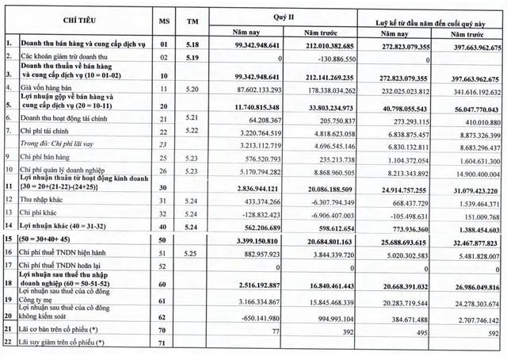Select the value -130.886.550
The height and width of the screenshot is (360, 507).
click(x=328, y=57)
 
